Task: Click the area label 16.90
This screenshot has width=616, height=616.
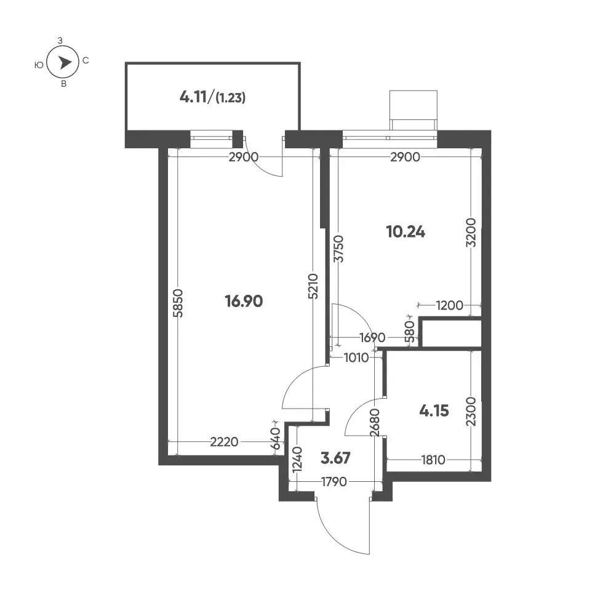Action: coord(244,302)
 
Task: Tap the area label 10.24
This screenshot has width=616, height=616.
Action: coord(406,232)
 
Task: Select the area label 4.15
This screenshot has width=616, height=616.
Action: coord(434,411)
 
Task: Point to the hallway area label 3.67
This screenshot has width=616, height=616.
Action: coord(335,458)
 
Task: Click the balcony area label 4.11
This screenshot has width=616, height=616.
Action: coord(193,97)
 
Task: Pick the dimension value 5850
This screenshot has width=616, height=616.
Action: coord(178,303)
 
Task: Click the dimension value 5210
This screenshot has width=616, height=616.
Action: coord(313,286)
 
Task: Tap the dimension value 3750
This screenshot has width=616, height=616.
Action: coord(338,249)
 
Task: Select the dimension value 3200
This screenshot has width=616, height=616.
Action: coord(471,233)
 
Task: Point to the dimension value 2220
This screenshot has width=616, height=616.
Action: coord(225,442)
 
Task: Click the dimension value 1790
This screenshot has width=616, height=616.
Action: coord(334,482)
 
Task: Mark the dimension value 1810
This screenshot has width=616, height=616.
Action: coord(433,460)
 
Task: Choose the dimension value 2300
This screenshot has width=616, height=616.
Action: coord(471,412)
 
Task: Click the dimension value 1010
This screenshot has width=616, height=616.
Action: coord(356,358)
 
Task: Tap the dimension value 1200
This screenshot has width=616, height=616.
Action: coord(449,305)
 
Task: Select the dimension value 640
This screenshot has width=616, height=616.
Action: coord(276,438)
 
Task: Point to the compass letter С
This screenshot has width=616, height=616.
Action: coord(86,60)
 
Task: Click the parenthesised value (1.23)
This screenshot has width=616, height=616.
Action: coord(231,98)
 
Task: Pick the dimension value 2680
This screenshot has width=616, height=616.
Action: coord(375,423)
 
